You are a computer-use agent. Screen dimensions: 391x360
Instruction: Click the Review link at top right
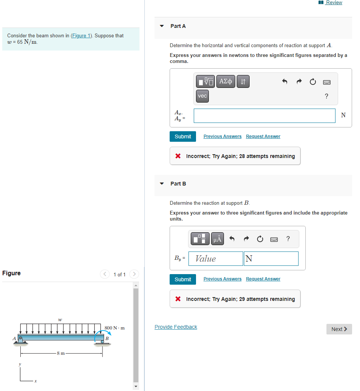click(334, 3)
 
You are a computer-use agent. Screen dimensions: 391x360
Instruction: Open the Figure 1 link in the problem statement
click(81, 35)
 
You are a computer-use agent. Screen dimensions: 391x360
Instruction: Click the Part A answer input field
click(264, 116)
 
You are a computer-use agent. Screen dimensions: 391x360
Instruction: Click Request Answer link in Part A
click(263, 136)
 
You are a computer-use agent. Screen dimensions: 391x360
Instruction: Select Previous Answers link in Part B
click(222, 279)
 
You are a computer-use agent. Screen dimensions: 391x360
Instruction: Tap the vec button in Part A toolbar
click(202, 96)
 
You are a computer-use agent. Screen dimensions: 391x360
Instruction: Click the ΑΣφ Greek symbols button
click(226, 81)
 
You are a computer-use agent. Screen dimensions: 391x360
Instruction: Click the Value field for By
click(216, 259)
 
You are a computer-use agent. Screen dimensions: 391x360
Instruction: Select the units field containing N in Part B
click(271, 259)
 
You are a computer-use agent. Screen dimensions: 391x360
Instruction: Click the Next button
click(339, 329)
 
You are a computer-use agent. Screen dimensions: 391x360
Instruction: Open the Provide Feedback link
click(176, 327)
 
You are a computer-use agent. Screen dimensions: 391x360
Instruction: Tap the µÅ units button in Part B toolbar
click(217, 239)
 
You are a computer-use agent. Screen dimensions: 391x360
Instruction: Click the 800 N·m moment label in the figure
click(115, 328)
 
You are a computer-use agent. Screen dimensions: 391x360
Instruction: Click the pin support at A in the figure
click(21, 339)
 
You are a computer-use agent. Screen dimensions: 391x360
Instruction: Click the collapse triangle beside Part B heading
click(162, 184)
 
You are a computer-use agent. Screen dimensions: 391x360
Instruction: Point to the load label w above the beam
click(60, 320)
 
